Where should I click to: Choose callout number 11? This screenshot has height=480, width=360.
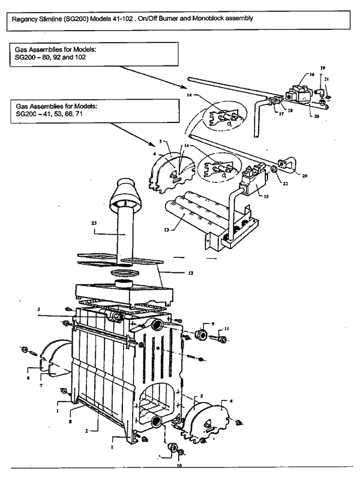[x=227, y=329]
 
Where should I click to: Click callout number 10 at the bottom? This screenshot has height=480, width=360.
[x=179, y=464]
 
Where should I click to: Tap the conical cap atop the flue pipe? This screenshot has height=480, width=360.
[x=125, y=191]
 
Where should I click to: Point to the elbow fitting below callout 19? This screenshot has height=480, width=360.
[x=321, y=91]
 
